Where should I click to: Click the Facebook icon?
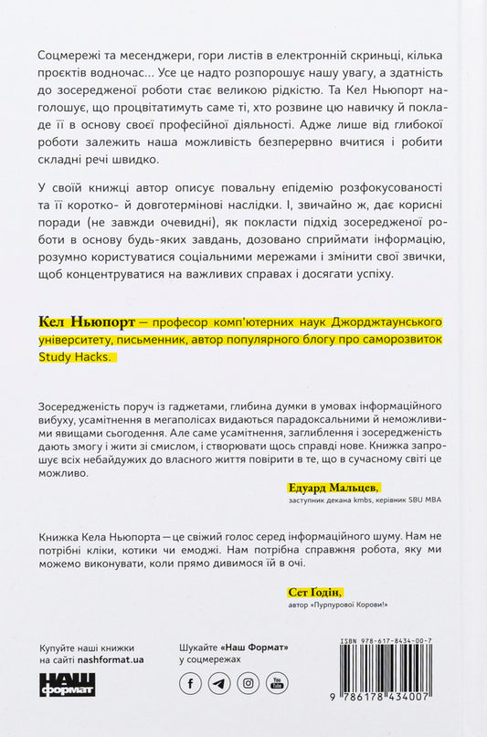point(193,682)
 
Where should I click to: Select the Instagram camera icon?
point(248,682)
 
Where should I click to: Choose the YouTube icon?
point(275,682)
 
